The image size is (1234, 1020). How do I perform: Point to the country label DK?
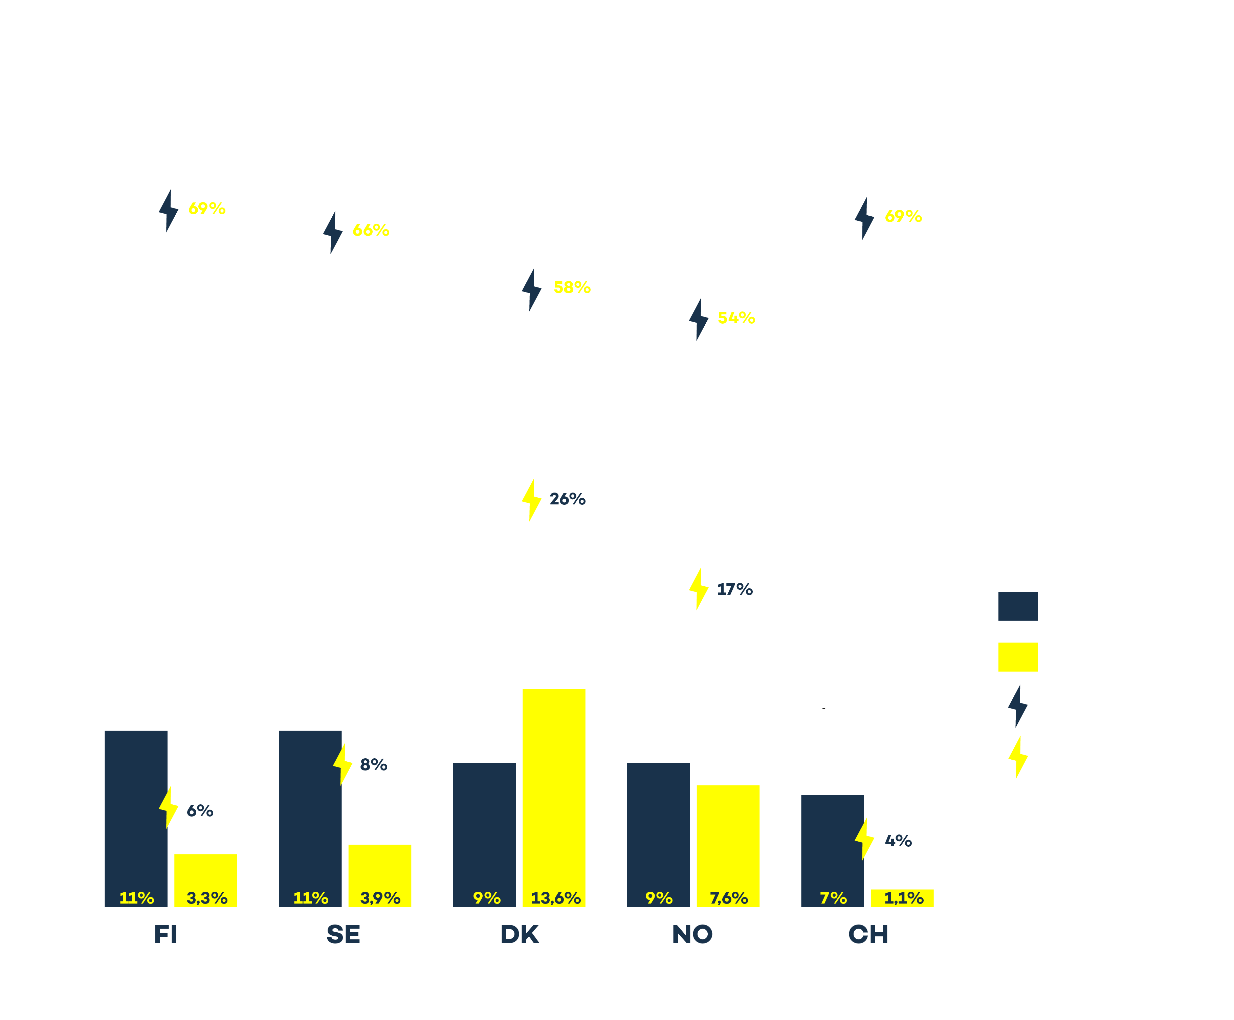click(519, 934)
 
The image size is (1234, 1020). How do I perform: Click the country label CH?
click(867, 934)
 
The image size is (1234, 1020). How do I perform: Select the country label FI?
click(165, 934)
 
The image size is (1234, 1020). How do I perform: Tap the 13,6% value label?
click(555, 898)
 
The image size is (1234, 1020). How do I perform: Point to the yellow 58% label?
click(572, 287)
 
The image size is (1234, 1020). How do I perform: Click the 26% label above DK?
click(567, 499)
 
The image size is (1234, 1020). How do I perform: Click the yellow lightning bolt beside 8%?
click(343, 764)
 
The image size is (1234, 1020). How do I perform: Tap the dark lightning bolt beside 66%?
click(332, 233)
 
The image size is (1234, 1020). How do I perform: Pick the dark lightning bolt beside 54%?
click(698, 319)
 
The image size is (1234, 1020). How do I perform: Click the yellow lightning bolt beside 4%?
click(864, 839)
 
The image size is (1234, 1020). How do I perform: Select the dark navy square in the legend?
click(1017, 606)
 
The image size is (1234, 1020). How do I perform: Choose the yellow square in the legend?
click(1017, 657)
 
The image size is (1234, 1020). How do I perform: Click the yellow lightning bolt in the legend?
click(1018, 757)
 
